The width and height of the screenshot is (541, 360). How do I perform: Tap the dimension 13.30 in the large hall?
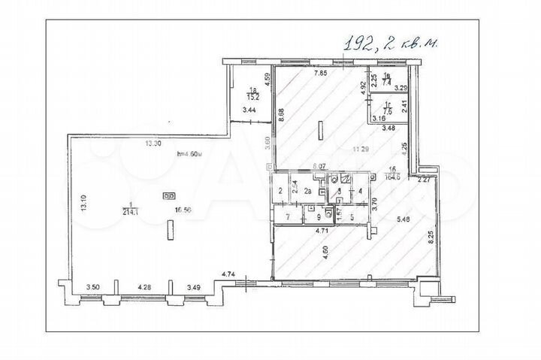(x=153, y=144)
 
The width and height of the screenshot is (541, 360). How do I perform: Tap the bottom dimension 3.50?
(x=93, y=287)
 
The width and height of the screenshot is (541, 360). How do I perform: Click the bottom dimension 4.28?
(x=145, y=287)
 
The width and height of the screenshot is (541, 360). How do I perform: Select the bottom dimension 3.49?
(x=194, y=287)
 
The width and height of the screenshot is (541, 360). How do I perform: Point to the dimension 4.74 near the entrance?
(x=228, y=274)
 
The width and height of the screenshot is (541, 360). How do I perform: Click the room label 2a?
(x=308, y=192)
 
